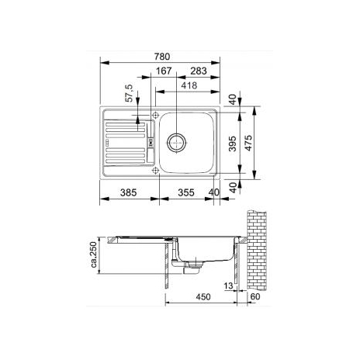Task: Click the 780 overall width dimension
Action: coord(162,57)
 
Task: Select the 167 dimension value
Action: coord(164,71)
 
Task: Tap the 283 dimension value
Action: coord(199,71)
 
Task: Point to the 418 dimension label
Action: coord(189,85)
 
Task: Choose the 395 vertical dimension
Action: coord(233,144)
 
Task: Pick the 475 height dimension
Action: coord(248,143)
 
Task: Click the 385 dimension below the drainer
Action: coord(128,192)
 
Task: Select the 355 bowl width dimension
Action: coord(186,192)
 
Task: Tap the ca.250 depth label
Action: coord(94,254)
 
